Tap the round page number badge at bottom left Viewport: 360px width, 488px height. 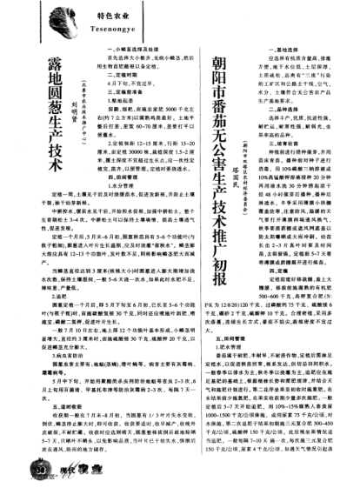point(20,471)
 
